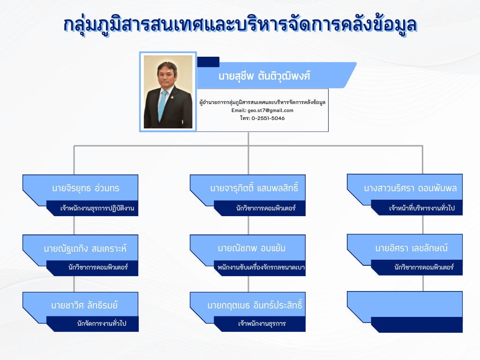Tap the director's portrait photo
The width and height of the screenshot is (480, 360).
(168, 92)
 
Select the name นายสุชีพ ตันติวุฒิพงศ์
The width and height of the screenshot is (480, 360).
(264, 75)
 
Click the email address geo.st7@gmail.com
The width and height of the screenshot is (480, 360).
(270, 110)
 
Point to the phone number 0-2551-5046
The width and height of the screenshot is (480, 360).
(268, 118)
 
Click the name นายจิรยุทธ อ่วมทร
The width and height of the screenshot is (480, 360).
(86, 187)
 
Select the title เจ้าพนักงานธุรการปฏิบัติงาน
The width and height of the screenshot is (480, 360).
(97, 208)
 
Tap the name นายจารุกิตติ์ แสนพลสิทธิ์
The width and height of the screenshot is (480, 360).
(254, 187)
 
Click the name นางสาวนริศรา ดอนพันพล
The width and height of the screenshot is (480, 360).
(410, 188)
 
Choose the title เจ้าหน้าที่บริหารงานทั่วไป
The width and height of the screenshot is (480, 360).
(422, 208)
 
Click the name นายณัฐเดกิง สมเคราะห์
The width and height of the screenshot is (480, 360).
(85, 248)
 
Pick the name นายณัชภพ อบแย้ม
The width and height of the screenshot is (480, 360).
(252, 248)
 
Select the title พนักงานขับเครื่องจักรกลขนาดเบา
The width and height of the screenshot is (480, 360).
(261, 267)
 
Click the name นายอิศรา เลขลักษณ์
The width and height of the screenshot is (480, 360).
(412, 247)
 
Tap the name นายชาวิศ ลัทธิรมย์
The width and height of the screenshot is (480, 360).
(84, 305)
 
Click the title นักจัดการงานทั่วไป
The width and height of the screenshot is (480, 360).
(102, 323)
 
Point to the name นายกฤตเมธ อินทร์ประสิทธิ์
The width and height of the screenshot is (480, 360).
(255, 305)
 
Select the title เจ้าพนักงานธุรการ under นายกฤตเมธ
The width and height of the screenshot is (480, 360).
(262, 323)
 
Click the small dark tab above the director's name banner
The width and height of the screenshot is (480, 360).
(208, 62)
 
